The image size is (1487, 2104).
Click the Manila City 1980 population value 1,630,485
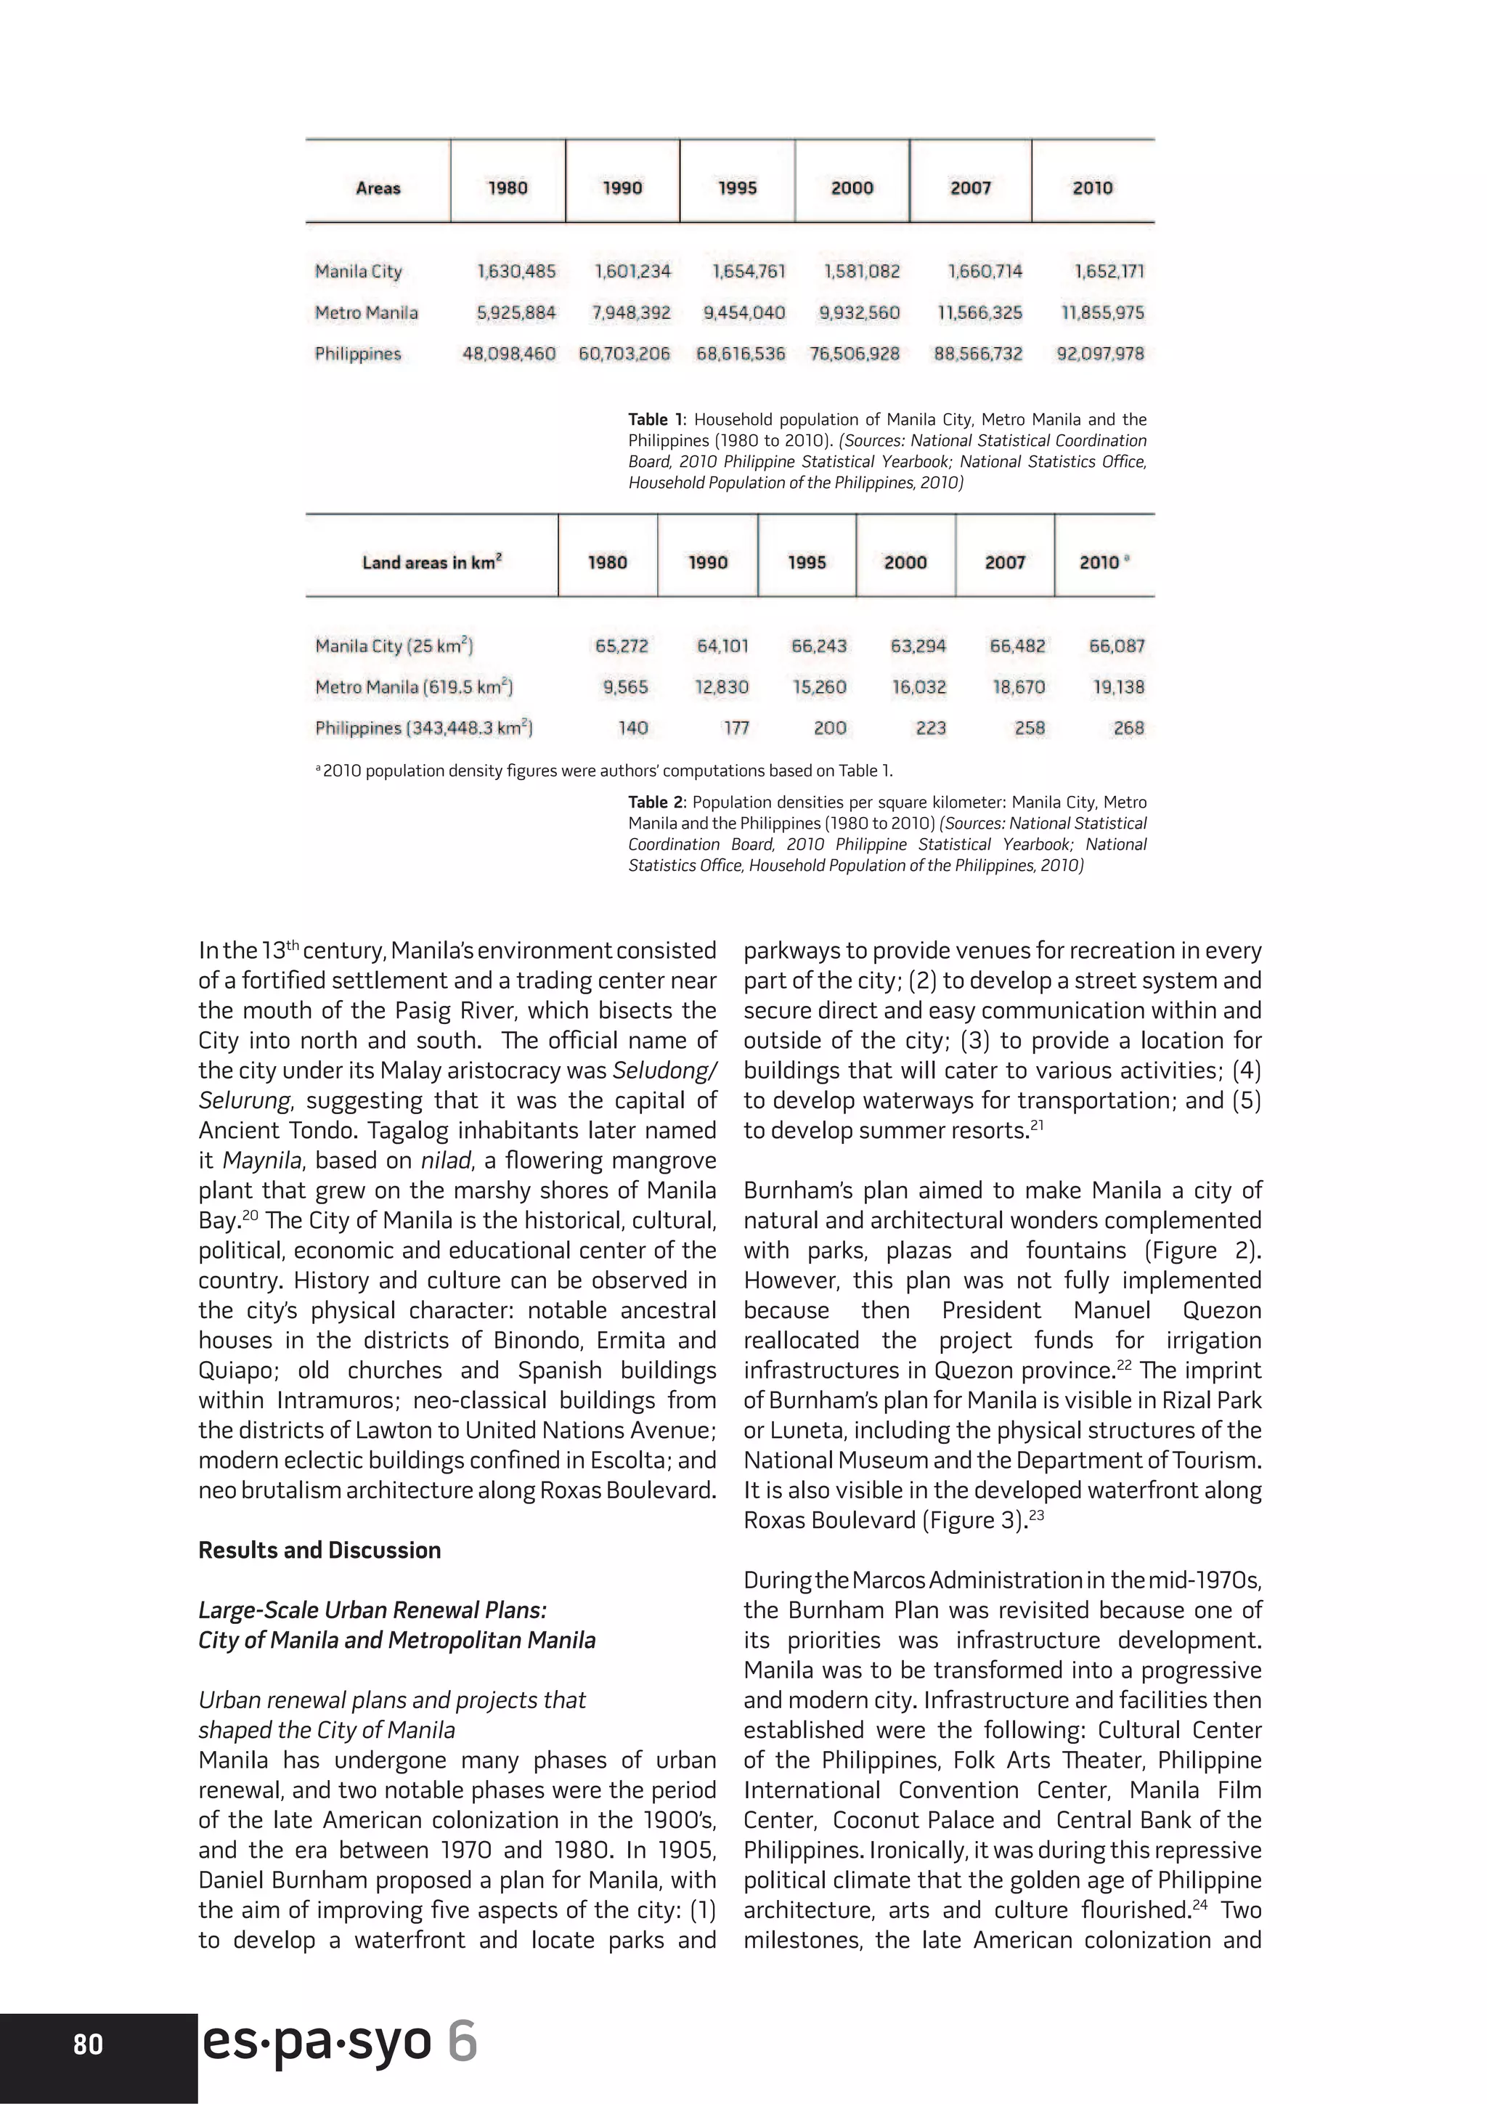[x=516, y=271]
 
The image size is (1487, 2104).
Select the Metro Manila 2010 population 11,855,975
[x=1102, y=312]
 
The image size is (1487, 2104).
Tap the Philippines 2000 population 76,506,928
[x=854, y=354]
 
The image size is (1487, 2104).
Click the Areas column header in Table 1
[x=378, y=188]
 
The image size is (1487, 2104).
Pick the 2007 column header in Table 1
[x=970, y=188]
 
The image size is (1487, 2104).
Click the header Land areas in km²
[x=431, y=563]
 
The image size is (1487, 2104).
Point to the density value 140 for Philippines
[x=632, y=728]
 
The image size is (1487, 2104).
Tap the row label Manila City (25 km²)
[x=394, y=646]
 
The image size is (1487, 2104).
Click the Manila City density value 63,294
[x=918, y=646]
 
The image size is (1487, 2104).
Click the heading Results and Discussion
[x=319, y=1551]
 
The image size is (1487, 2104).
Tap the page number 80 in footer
[x=88, y=2045]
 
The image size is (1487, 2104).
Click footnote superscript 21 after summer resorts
[x=1037, y=1125]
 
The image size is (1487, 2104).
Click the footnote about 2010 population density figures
[x=605, y=771]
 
